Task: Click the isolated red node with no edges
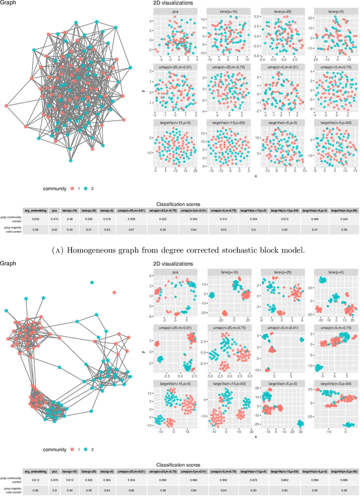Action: click(x=115, y=292)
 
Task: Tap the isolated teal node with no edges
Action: click(x=92, y=282)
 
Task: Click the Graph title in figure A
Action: click(x=8, y=3)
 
